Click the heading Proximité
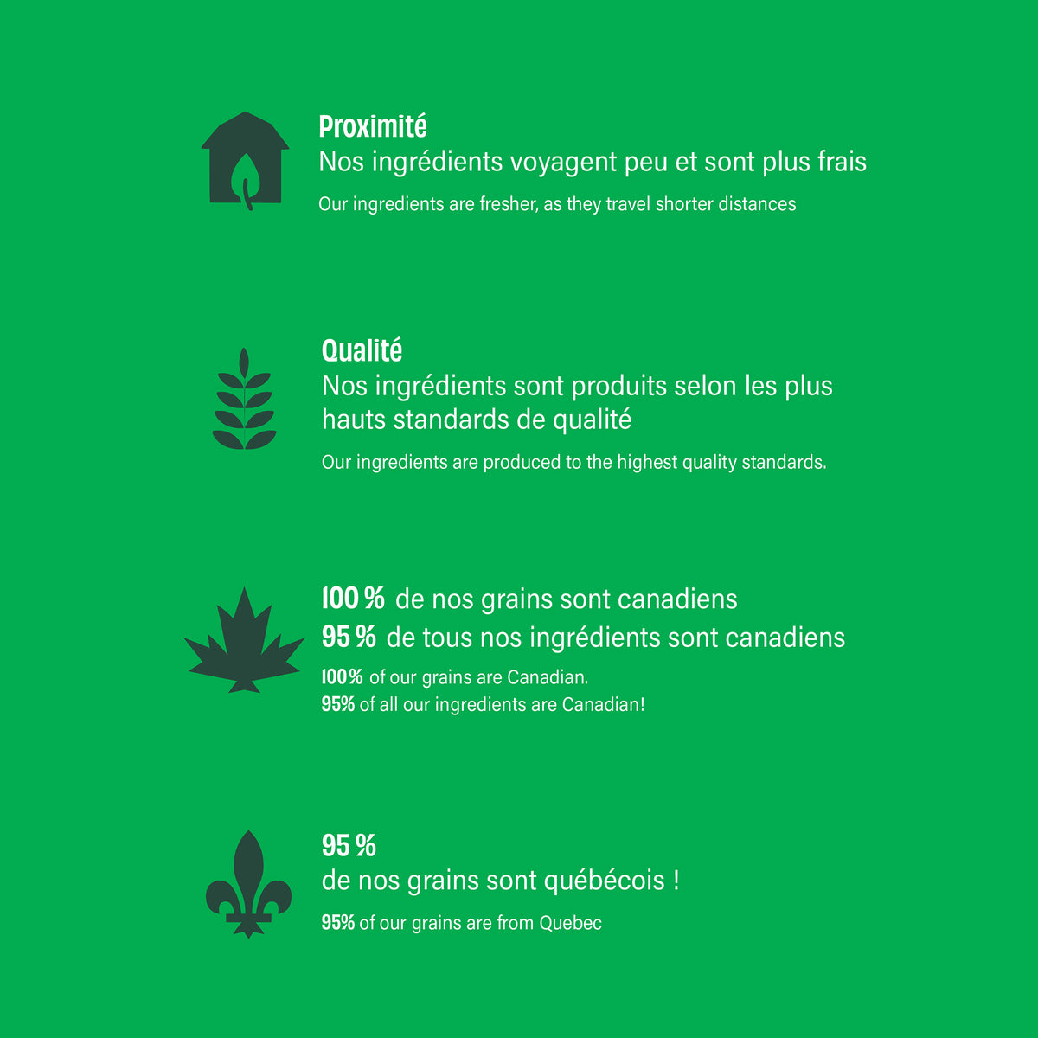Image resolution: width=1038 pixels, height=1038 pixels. tap(373, 126)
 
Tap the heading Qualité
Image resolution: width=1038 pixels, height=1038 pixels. tap(362, 350)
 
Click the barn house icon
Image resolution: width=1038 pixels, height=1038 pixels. tap(245, 161)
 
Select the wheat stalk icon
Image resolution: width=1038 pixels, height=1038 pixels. tap(244, 399)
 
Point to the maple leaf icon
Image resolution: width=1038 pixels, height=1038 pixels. tap(244, 640)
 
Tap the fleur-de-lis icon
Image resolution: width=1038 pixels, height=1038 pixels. tap(248, 884)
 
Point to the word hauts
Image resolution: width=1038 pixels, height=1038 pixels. tap(354, 420)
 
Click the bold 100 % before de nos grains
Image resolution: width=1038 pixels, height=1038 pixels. tap(353, 598)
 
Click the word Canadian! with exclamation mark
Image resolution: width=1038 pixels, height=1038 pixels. tap(603, 705)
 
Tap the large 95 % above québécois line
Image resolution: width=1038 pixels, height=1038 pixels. tap(349, 845)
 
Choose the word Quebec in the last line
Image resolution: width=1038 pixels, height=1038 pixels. tap(570, 923)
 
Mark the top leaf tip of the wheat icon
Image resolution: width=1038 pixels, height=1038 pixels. tap(244, 348)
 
